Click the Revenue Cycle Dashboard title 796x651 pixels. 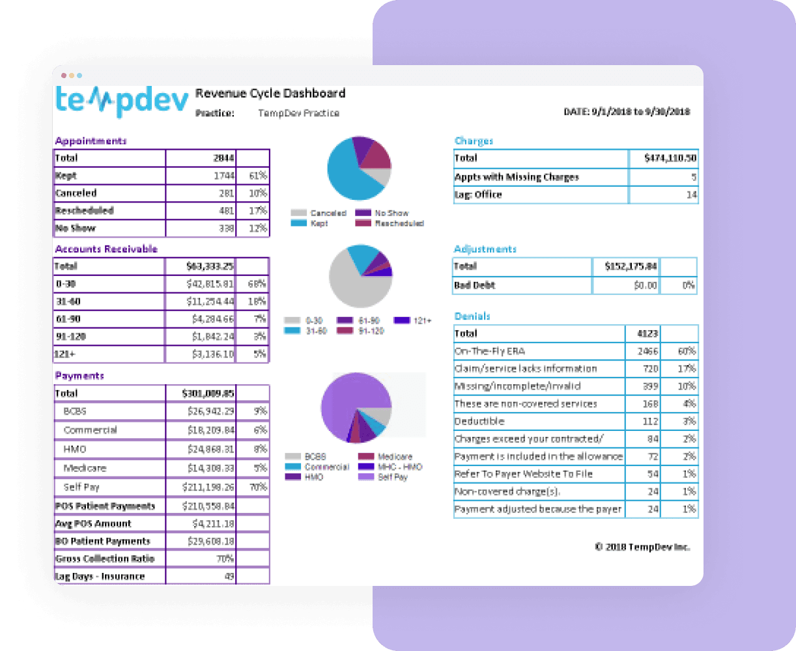(x=270, y=93)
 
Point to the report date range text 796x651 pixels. (x=627, y=112)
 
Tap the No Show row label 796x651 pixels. (x=76, y=229)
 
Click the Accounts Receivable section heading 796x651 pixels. (x=106, y=249)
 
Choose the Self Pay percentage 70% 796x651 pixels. (x=258, y=487)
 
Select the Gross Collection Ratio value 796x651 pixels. (x=225, y=559)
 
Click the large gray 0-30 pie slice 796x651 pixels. (x=352, y=283)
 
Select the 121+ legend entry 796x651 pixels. (x=414, y=321)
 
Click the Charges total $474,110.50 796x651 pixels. (x=670, y=158)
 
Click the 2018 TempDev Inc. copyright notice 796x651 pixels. (x=642, y=547)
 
